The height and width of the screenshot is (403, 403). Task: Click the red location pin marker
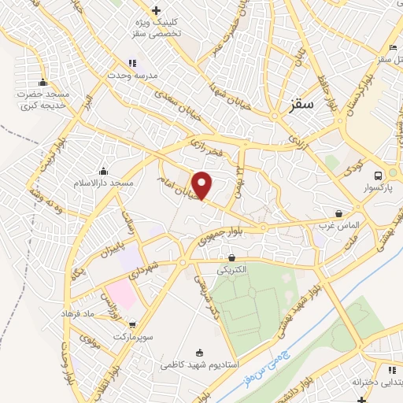click(x=203, y=185)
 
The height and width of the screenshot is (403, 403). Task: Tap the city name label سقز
click(x=301, y=103)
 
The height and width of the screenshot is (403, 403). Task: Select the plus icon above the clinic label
click(x=156, y=11)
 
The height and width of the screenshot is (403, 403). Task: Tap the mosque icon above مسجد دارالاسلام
click(x=103, y=171)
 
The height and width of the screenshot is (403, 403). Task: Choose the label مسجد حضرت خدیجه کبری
click(x=44, y=100)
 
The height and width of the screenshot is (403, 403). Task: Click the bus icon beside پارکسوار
click(x=379, y=175)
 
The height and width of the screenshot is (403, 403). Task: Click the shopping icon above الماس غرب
click(x=338, y=213)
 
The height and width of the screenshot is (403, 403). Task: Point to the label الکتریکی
click(x=232, y=269)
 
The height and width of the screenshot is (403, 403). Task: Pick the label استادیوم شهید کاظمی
click(x=196, y=365)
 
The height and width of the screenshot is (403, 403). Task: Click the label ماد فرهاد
click(x=78, y=313)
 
